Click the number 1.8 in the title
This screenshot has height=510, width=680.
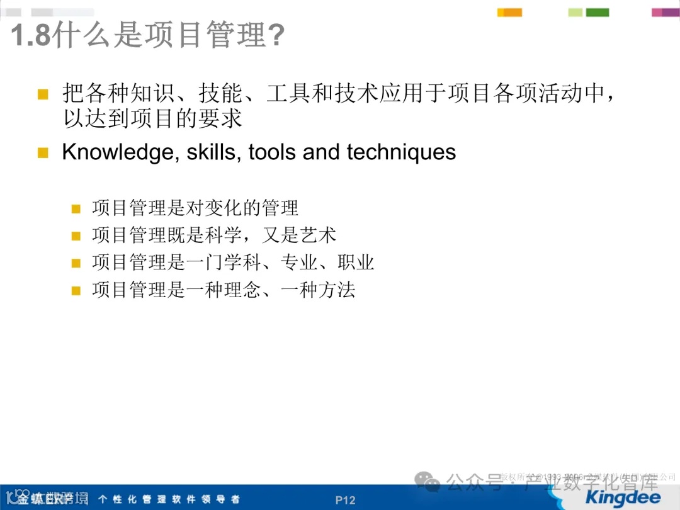[x=30, y=36]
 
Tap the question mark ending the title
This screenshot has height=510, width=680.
[x=276, y=36]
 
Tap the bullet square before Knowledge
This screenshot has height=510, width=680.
[x=43, y=153]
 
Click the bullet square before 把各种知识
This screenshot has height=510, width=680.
[x=43, y=94]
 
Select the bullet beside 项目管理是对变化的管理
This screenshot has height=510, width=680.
[x=76, y=208]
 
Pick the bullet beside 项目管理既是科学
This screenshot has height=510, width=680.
[x=76, y=236]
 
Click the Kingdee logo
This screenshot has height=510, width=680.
[x=621, y=497]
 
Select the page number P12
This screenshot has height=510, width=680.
[x=345, y=501]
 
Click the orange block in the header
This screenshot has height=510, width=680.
[x=509, y=12]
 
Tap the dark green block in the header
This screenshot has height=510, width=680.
[x=598, y=12]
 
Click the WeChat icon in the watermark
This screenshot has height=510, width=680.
[x=431, y=483]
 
